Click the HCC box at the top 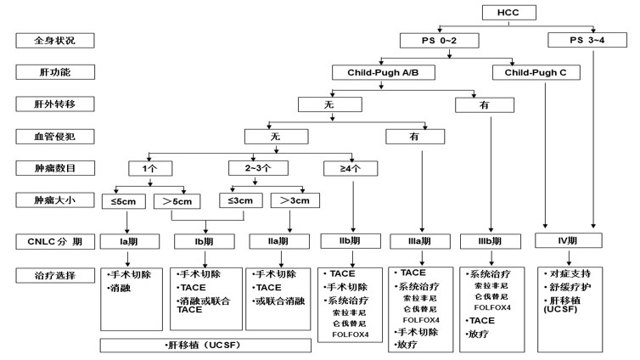508,13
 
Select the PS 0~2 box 439,41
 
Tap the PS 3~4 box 587,40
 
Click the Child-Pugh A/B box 384,73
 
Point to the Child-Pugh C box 536,73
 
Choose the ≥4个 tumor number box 351,168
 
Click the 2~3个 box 258,168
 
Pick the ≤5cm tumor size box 124,201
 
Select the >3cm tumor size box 295,200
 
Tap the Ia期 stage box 129,242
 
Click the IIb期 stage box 351,241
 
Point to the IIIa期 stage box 420,241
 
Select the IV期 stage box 568,240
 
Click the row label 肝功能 55,72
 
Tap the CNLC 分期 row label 55,242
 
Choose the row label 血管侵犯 55,137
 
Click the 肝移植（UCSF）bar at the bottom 205,346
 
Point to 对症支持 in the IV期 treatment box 570,273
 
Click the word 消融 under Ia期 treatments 121,288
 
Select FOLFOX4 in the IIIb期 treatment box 492,307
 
